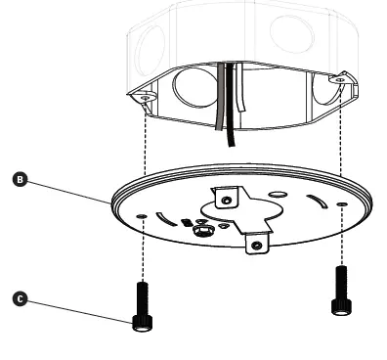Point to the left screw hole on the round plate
[144, 214]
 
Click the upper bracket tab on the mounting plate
[226, 200]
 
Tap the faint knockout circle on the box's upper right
[291, 34]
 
